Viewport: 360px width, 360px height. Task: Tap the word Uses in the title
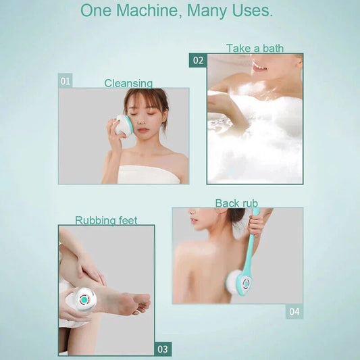tap(251, 11)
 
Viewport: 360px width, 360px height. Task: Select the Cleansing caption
tap(128, 83)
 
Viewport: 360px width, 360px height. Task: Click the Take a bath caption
tap(255, 48)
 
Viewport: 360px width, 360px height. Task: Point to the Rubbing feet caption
tap(106, 220)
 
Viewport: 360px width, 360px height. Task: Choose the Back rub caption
tap(236, 203)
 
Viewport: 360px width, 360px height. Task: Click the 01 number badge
tap(66, 81)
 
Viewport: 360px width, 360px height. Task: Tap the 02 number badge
tap(198, 60)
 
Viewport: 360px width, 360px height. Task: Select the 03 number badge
tap(163, 349)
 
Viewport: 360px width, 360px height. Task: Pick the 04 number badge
tap(294, 311)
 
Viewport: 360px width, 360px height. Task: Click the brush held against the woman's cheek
tap(124, 126)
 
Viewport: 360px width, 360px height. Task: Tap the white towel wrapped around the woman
tap(149, 175)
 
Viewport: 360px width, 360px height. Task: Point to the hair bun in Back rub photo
tap(236, 215)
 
